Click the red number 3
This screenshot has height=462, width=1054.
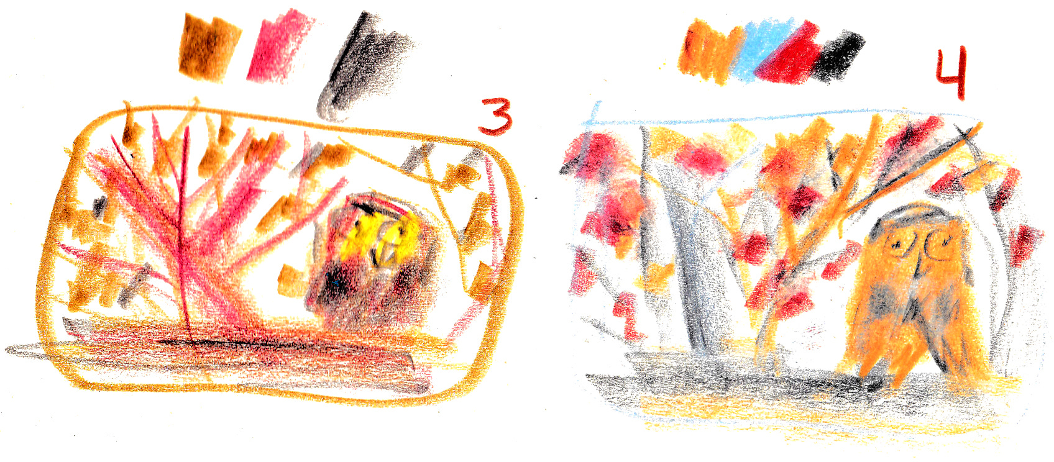(495, 117)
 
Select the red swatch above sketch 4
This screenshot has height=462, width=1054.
(793, 54)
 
